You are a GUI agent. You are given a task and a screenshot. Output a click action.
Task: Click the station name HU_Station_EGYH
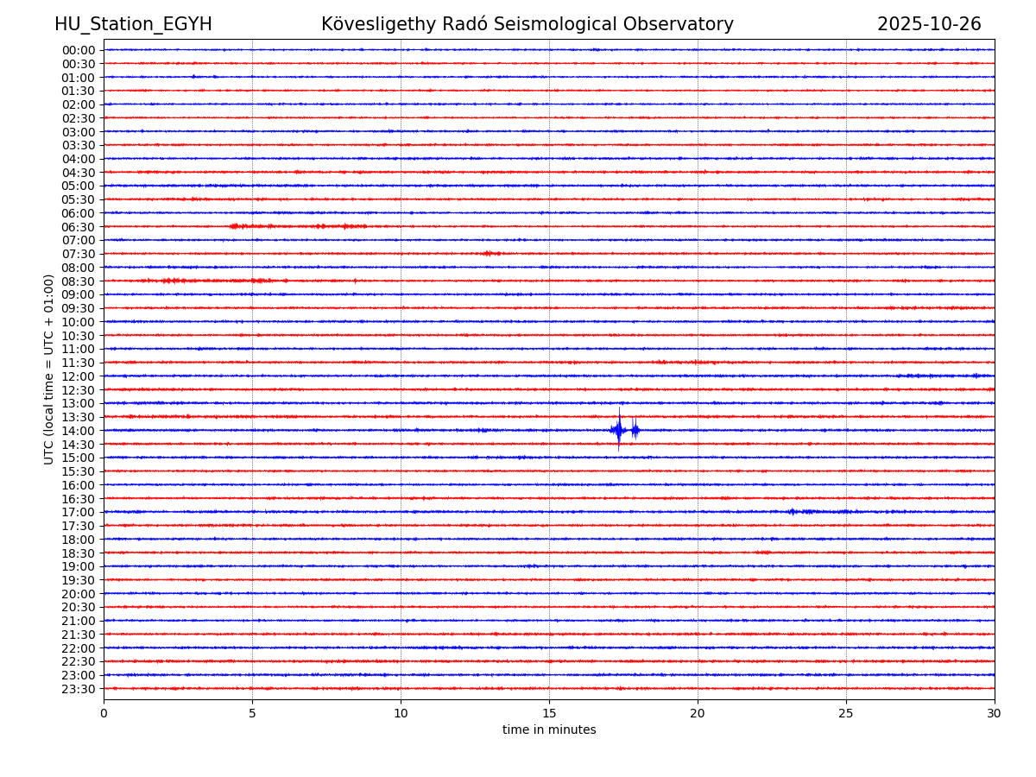coord(133,24)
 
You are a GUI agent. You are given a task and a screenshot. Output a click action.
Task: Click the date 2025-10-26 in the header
coord(929,24)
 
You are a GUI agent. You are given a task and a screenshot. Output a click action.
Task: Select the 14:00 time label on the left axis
coord(78,431)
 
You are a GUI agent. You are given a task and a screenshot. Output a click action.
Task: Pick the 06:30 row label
coord(78,227)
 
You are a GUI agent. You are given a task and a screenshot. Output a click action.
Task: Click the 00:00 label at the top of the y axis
coord(78,50)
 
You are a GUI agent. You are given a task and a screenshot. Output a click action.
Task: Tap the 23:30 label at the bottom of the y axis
coord(78,689)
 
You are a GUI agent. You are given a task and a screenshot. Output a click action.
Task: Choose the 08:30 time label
coord(78,281)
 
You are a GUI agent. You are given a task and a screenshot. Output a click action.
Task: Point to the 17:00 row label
coord(78,512)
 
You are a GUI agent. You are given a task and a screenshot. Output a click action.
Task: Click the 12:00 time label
coord(78,376)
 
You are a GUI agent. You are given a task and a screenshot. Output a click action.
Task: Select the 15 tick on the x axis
coord(549,713)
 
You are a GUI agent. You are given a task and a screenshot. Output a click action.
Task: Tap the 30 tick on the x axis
coord(995,713)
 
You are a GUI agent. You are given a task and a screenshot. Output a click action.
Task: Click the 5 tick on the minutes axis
coord(252,713)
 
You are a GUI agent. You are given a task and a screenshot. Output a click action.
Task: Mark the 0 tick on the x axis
coord(104,713)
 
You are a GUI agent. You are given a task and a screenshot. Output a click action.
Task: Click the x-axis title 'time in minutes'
coord(549,730)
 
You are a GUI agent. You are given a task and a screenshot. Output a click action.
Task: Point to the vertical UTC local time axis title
coord(49,369)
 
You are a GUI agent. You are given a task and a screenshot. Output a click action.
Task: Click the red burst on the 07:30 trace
coord(490,253)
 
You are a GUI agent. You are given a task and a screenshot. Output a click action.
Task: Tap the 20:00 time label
coord(78,594)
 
